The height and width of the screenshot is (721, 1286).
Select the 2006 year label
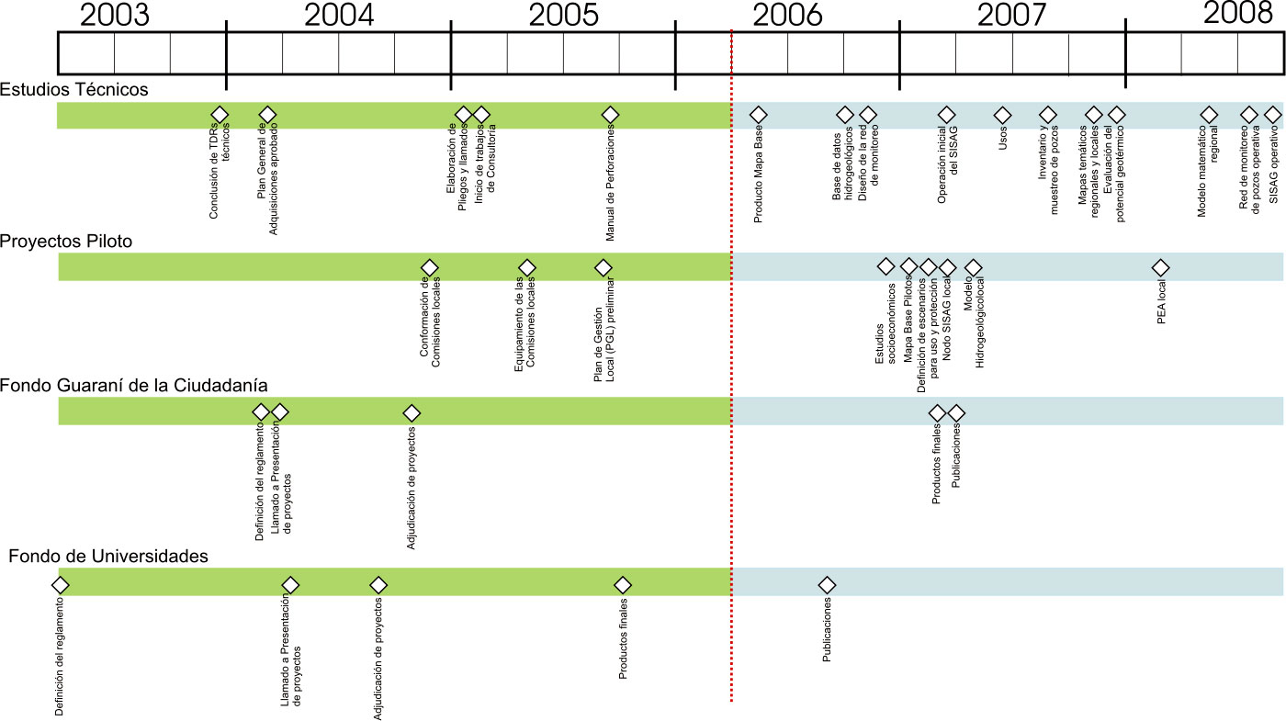(787, 16)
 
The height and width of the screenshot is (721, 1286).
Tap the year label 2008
(1237, 14)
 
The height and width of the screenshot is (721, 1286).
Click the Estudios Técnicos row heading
(74, 89)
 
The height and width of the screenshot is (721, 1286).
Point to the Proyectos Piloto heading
(66, 242)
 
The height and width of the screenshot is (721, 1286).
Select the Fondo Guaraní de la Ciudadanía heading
(134, 386)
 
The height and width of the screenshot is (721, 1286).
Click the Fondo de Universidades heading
(108, 557)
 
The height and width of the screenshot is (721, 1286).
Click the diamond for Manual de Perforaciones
(610, 115)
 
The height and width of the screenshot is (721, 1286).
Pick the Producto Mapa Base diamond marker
(758, 115)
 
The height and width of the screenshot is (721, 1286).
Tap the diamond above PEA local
(1161, 267)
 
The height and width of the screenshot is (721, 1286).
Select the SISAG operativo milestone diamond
(1272, 115)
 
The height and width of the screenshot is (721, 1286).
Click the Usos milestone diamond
(1002, 115)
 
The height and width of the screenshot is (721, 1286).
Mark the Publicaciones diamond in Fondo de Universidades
(827, 584)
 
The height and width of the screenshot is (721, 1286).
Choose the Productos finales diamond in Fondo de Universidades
(623, 584)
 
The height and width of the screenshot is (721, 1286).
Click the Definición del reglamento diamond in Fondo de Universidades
(61, 584)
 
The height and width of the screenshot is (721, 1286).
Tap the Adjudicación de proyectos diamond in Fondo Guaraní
(412, 413)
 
